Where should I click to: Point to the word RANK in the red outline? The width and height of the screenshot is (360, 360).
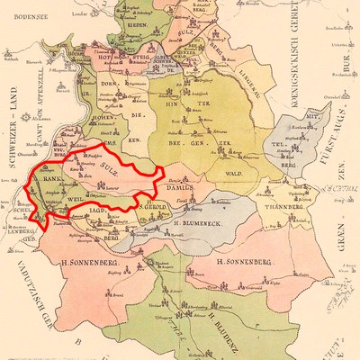49,177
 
